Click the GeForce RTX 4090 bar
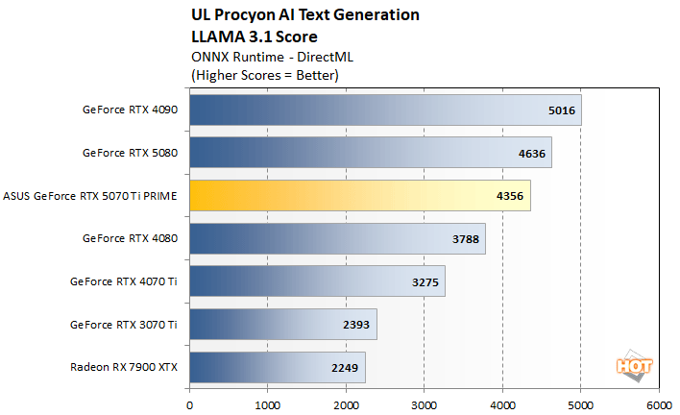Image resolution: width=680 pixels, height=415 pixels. coord(384,110)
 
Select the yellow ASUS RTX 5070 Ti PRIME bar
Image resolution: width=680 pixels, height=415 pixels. coord(360,195)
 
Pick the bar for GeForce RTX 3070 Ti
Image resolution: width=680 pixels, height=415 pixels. coord(282,324)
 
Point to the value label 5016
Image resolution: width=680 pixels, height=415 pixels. coord(561,110)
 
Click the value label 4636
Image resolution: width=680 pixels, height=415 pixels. coord(531,153)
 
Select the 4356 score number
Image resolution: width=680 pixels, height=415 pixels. coord(510,196)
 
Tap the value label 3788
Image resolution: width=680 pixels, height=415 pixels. coord(465,238)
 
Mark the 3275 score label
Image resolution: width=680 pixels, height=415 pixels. coord(425,281)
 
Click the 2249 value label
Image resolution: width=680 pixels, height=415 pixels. coord(345,367)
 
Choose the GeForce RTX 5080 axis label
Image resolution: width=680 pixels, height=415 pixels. coord(130,153)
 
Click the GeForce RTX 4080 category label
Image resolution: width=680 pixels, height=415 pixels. coord(130,238)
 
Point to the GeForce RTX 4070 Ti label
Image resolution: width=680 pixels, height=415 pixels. coord(124,281)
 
